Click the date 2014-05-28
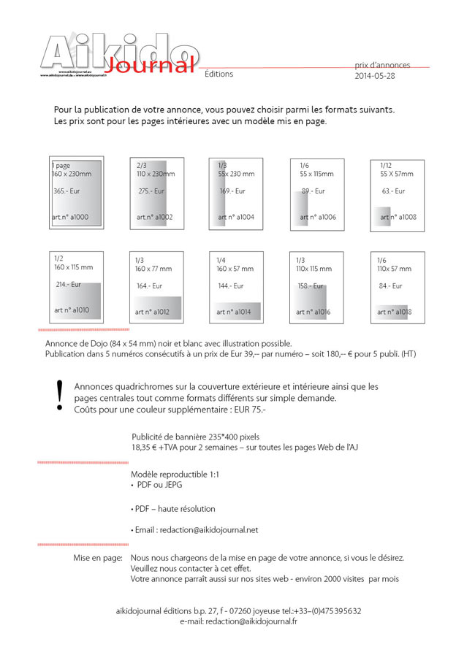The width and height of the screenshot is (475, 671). (x=374, y=76)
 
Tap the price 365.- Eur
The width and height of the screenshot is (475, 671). (x=67, y=191)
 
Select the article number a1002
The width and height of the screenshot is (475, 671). (x=154, y=217)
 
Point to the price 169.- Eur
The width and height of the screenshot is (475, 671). (x=232, y=191)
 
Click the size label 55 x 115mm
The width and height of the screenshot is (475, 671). (x=316, y=175)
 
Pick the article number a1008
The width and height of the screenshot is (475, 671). (x=398, y=217)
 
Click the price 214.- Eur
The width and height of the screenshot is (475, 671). (x=68, y=285)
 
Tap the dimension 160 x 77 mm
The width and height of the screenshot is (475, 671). (x=153, y=269)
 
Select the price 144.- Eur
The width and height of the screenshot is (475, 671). (x=231, y=286)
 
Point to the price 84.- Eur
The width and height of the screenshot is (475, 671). (x=390, y=286)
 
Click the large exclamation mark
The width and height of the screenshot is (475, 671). (x=59, y=395)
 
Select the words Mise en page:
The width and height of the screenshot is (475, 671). (x=97, y=558)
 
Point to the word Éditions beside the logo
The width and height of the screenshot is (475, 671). (x=219, y=74)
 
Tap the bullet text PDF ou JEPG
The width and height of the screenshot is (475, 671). (x=159, y=485)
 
